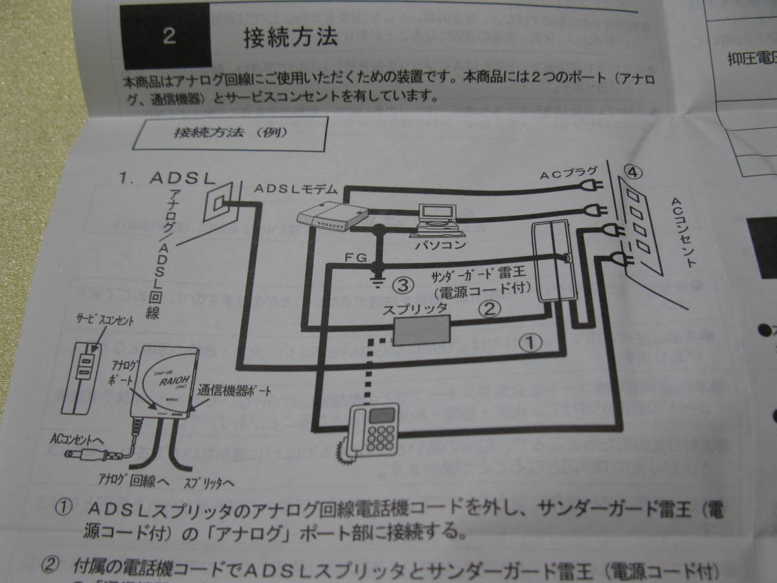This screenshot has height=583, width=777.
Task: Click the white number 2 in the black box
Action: [169, 36]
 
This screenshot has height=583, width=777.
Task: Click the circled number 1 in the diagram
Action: [530, 343]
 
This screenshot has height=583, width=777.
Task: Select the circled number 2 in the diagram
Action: [490, 308]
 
